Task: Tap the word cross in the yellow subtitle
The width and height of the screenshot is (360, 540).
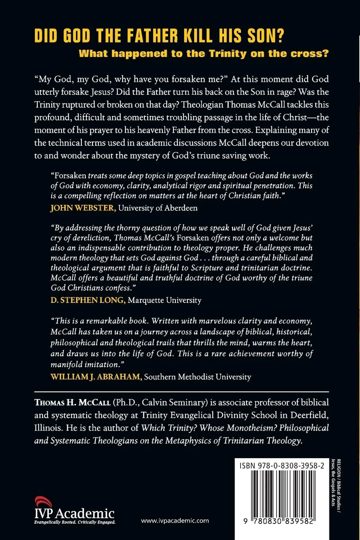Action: coord(311,54)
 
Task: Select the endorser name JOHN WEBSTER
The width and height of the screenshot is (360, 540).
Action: coord(83,208)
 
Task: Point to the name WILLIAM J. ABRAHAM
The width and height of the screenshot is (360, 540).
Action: coord(96,376)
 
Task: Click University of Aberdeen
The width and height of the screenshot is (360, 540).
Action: coord(158,208)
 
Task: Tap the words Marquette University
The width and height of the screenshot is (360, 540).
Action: coord(164,300)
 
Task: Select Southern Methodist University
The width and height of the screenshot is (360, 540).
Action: coord(197,376)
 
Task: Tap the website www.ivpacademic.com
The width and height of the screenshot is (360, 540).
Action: coord(175,521)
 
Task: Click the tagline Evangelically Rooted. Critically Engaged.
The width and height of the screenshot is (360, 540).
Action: coord(75,523)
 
